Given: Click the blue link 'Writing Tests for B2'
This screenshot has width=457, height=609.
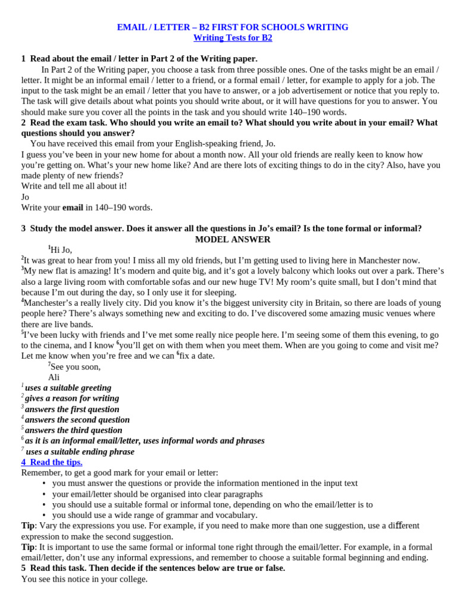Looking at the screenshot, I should (233, 38).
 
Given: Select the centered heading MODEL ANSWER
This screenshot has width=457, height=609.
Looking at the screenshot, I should (233, 240).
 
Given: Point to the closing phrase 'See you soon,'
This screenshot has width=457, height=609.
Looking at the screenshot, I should (75, 367).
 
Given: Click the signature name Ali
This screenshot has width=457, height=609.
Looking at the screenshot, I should (54, 378).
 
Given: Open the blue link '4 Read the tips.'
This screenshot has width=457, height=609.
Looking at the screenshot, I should (52, 462).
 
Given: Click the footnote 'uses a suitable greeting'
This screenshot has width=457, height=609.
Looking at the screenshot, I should (68, 388).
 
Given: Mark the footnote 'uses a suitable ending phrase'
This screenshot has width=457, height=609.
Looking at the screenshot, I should (80, 451).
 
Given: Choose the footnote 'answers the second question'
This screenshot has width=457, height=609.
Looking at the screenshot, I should (77, 420).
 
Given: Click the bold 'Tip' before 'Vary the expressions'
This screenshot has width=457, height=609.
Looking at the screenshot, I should (27, 526).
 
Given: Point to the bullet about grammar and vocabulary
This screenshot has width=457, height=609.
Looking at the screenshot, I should (155, 515).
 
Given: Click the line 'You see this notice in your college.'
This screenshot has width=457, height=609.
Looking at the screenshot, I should (84, 579).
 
